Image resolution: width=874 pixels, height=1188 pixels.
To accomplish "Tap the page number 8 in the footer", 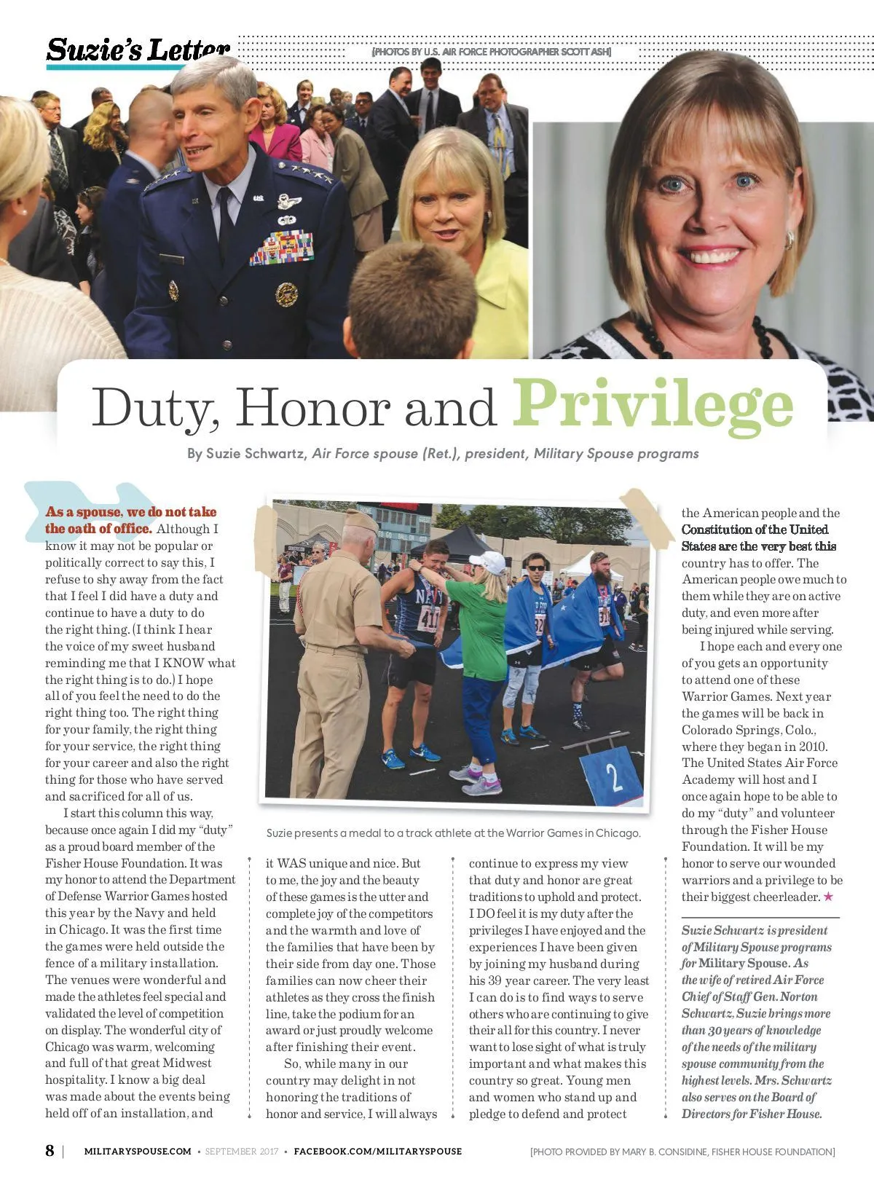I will click(x=50, y=1151).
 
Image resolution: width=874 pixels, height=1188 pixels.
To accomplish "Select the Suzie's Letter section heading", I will click(x=138, y=50).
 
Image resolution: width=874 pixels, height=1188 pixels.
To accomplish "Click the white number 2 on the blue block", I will click(x=614, y=777).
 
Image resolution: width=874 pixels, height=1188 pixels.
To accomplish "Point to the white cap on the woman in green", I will click(x=488, y=561).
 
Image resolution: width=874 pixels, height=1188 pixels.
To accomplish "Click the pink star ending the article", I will click(x=828, y=897).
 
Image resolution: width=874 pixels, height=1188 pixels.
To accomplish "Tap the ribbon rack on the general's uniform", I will click(x=283, y=248).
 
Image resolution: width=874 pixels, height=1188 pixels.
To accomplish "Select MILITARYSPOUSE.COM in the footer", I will click(x=138, y=1152).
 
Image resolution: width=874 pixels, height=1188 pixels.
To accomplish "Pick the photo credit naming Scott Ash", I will click(x=492, y=52).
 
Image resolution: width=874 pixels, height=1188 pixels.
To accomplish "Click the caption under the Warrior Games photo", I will click(x=453, y=833).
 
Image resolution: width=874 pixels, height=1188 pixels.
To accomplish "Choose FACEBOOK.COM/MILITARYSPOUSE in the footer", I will click(x=377, y=1152).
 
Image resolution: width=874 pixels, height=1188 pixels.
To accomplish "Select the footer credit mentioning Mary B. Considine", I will click(x=682, y=1152).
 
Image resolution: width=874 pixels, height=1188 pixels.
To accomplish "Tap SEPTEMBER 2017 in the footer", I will click(x=241, y=1152).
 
